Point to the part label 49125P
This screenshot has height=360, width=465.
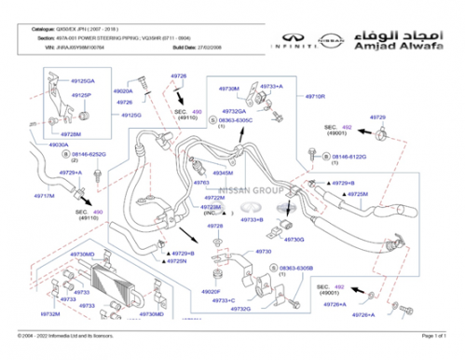[x=81, y=95]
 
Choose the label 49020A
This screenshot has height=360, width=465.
[x=123, y=91]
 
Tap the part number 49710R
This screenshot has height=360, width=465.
[x=314, y=96]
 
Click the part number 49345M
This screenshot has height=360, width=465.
[x=222, y=173]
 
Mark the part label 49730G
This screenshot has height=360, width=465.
[x=294, y=240]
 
